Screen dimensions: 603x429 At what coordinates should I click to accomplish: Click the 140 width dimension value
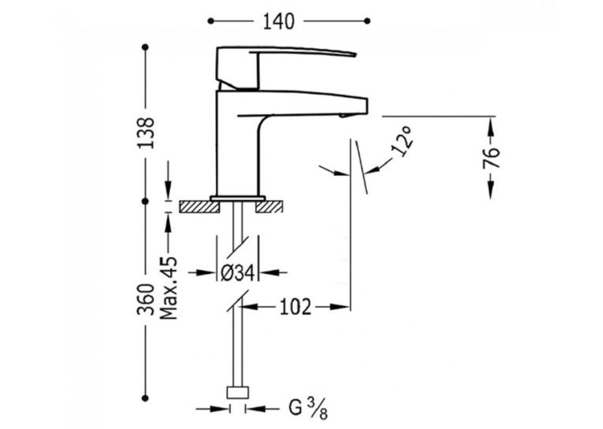point(279,21)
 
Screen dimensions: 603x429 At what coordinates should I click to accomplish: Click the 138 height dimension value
point(146,133)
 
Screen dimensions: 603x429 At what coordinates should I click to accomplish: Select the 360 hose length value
point(146,300)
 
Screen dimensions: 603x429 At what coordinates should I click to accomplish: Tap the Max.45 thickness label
point(169,288)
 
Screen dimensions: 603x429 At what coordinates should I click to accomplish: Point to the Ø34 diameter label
point(238,273)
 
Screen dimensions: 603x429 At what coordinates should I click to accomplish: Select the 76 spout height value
point(492,158)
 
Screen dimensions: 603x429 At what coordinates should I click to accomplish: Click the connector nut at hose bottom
point(238,393)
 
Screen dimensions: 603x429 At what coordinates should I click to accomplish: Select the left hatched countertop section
point(199,206)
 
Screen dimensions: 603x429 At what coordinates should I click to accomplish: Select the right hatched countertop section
point(270,206)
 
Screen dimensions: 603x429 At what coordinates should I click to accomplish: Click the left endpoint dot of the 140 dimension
point(210,20)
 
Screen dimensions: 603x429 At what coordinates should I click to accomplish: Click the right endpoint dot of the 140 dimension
point(367,20)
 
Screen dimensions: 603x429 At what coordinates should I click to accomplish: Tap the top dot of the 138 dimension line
point(145,47)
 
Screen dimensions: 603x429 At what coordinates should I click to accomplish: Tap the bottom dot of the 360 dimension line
point(145,398)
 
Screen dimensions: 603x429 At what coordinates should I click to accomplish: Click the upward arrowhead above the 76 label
point(491,126)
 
